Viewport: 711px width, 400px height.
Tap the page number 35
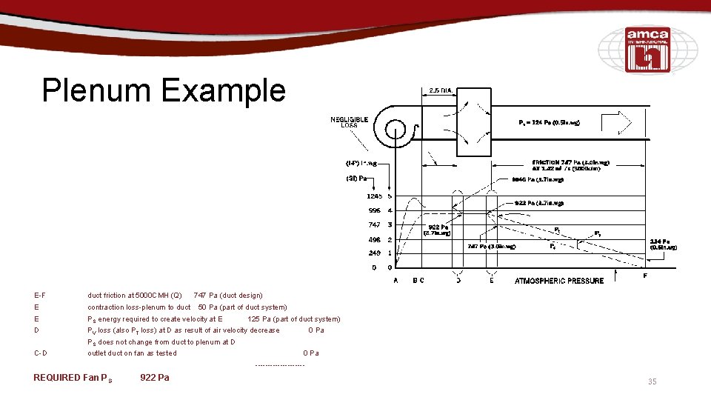point(652,381)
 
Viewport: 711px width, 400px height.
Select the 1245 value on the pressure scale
point(373,196)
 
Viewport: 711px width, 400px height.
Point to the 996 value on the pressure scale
point(374,210)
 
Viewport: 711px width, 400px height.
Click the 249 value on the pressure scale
point(374,253)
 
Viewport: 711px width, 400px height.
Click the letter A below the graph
point(395,281)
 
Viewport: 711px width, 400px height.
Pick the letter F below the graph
point(644,276)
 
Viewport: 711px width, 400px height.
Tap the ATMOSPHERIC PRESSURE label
point(559,281)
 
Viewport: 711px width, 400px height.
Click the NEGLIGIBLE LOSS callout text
point(349,122)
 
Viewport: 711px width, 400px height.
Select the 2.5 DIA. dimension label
point(441,90)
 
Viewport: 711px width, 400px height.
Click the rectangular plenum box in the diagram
point(473,122)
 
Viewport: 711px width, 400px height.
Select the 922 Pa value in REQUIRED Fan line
point(154,378)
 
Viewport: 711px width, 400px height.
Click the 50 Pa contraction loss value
point(206,307)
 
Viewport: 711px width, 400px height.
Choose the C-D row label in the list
point(41,353)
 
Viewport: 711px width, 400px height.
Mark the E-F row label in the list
point(39,296)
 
